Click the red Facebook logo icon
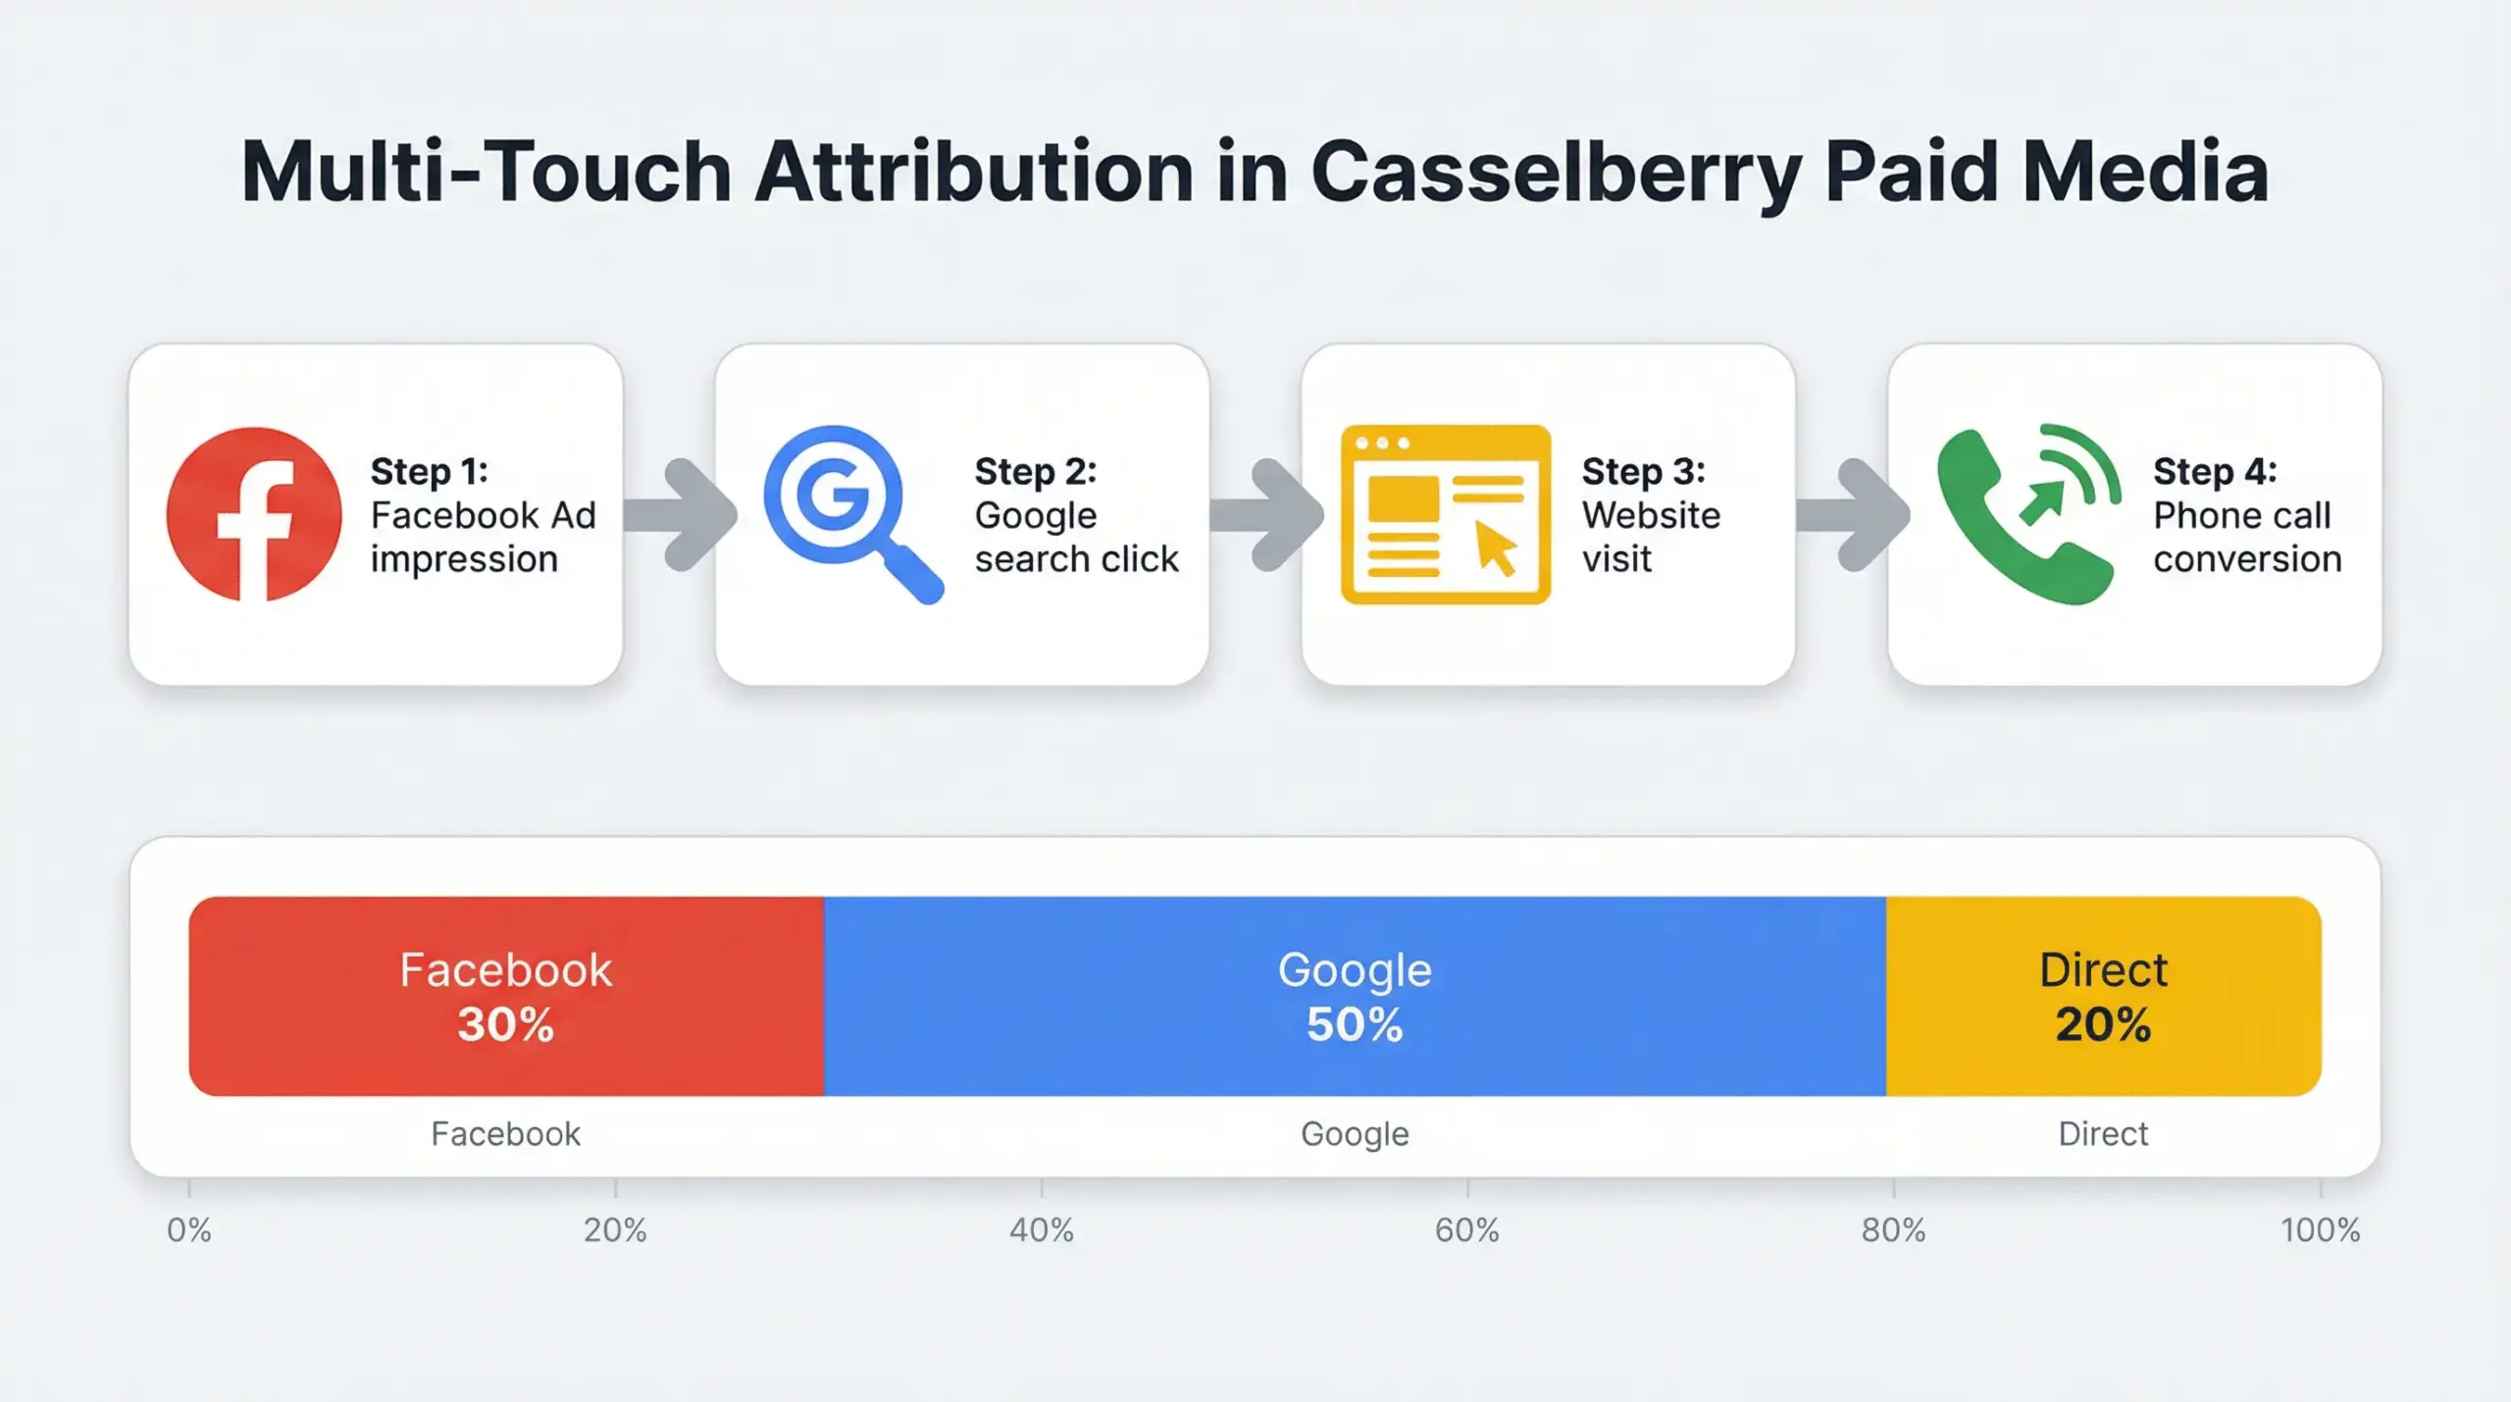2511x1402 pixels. pyautogui.click(x=254, y=514)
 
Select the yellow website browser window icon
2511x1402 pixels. pyautogui.click(x=1445, y=514)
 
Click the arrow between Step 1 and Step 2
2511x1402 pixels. pyautogui.click(x=682, y=514)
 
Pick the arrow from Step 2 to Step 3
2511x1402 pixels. pyautogui.click(x=1267, y=514)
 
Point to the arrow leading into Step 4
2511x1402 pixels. pyautogui.click(x=1853, y=514)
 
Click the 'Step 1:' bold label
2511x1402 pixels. pyautogui.click(x=429, y=472)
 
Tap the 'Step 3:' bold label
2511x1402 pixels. pyautogui.click(x=1643, y=472)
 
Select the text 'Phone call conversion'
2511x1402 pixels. pyautogui.click(x=2246, y=537)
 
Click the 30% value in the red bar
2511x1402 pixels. pyautogui.click(x=505, y=1024)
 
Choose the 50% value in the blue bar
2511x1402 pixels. pyautogui.click(x=1354, y=1024)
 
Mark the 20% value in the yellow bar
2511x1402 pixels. pyautogui.click(x=2103, y=1024)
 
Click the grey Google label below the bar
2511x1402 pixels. pyautogui.click(x=1354, y=1134)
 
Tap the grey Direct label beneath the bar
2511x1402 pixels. pyautogui.click(x=2103, y=1134)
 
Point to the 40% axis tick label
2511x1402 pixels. pyautogui.click(x=1041, y=1230)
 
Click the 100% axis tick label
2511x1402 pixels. pyautogui.click(x=2320, y=1230)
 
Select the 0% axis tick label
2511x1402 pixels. pyautogui.click(x=188, y=1230)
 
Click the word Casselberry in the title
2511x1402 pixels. pyautogui.click(x=1556, y=173)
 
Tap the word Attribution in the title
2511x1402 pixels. pyautogui.click(x=974, y=173)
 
